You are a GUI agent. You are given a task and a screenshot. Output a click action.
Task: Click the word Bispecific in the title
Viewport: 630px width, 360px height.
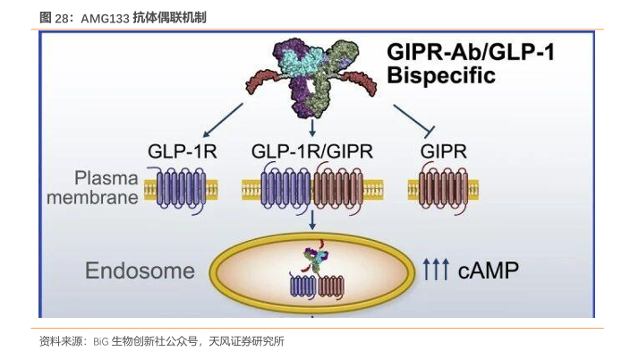coord(441,75)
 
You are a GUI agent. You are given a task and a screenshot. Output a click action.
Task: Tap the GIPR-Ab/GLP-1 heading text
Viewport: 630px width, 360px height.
coord(471,52)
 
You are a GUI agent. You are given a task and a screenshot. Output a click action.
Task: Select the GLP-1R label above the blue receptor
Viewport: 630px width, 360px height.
coord(182,151)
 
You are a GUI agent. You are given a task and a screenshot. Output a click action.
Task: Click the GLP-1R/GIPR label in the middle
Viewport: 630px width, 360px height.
coord(312,151)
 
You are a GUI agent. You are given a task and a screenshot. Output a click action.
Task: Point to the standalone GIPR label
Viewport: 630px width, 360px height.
coord(444,151)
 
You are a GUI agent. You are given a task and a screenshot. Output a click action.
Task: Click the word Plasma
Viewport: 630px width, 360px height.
coord(106,178)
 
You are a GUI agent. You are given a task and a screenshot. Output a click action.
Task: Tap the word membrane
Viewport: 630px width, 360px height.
coord(92,198)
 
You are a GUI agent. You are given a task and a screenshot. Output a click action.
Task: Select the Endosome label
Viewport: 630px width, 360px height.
coord(140,270)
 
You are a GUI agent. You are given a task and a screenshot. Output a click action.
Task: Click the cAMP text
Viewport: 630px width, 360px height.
coord(489,270)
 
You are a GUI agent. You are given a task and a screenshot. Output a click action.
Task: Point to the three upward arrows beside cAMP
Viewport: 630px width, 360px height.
coord(436,270)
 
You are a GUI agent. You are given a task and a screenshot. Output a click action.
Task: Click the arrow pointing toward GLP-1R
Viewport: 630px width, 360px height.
coord(223,120)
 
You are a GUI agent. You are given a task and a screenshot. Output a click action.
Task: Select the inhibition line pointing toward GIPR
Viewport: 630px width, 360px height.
coord(413,121)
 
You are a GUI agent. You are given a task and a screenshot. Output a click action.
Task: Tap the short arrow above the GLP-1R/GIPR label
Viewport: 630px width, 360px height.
coord(312,128)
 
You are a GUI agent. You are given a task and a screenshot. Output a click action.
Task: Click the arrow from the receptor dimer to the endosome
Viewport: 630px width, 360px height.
coord(312,219)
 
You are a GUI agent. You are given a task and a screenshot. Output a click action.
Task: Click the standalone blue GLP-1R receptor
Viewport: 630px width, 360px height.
coord(181,190)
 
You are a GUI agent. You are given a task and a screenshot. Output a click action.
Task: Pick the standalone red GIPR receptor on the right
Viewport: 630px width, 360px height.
coord(443,189)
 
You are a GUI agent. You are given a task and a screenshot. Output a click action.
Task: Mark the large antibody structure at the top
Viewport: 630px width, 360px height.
coord(311,79)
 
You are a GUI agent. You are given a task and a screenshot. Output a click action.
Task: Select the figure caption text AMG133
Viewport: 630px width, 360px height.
coord(106,19)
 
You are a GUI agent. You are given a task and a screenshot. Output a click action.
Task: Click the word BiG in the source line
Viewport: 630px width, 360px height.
coord(101,342)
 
